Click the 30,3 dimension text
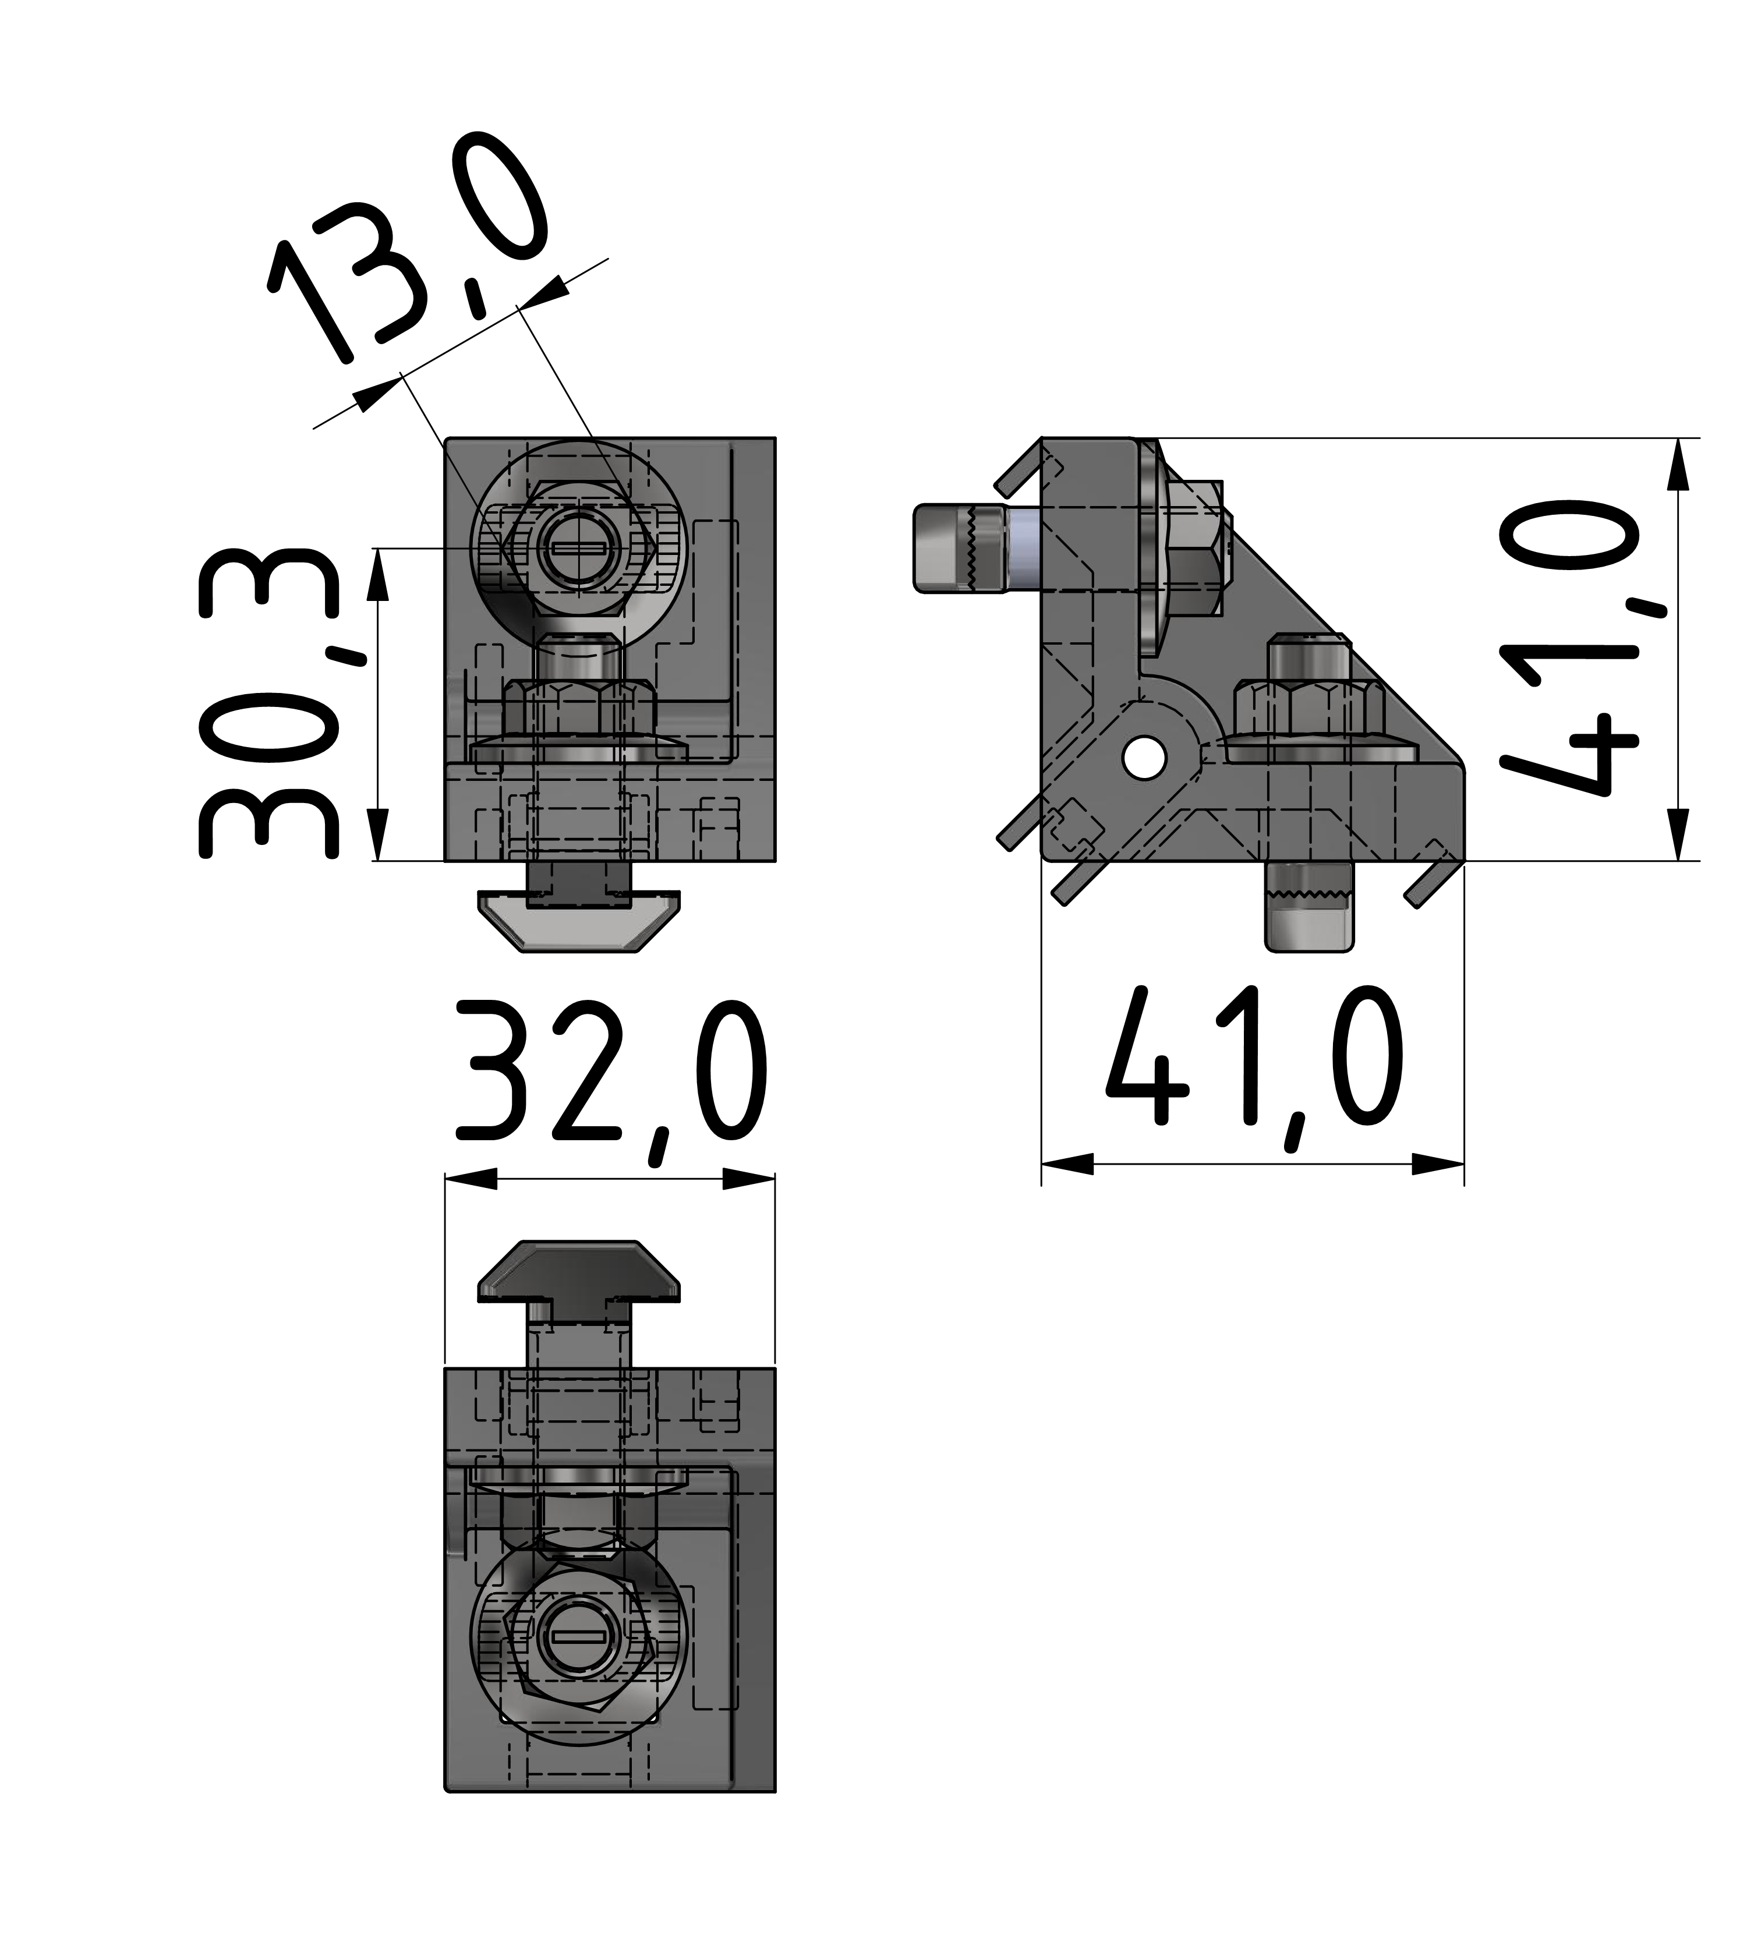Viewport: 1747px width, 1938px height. point(269,703)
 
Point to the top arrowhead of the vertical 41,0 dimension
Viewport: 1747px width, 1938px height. point(1677,465)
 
